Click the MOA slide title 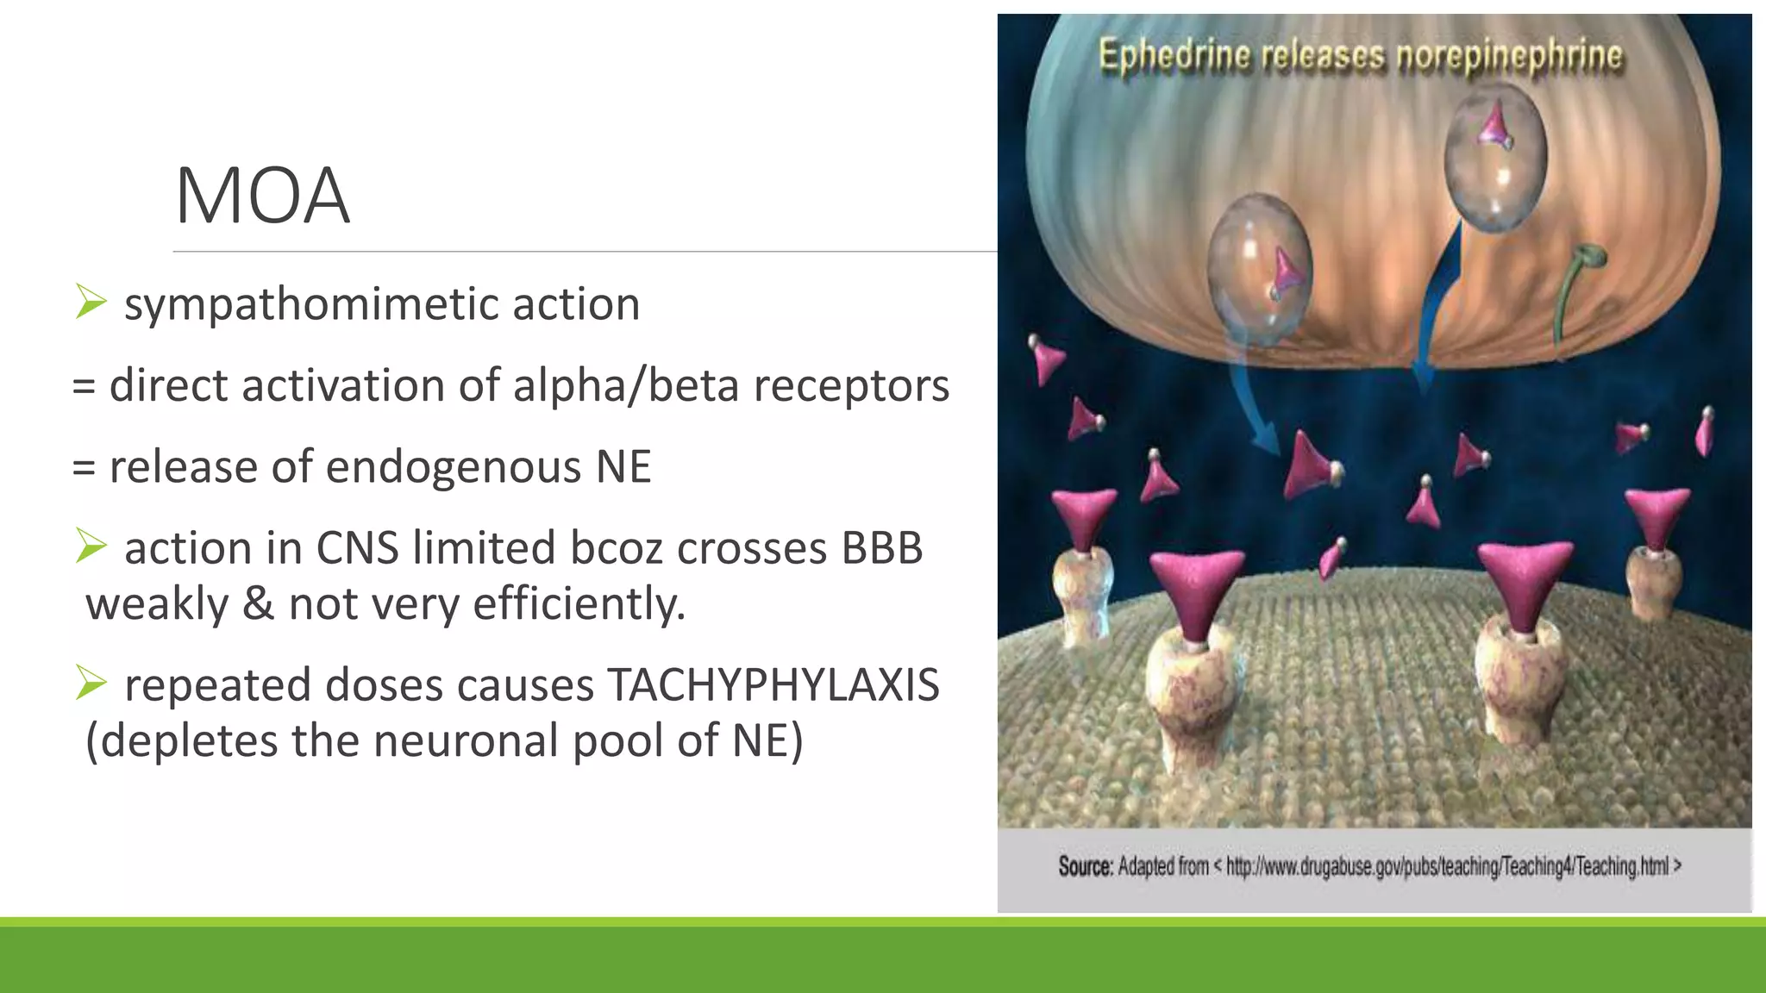[x=262, y=197]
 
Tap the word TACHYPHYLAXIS [x=773, y=686]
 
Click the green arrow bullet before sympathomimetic [x=91, y=302]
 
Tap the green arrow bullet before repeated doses [x=91, y=683]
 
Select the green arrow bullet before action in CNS [x=91, y=546]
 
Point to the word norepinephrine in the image [x=1509, y=56]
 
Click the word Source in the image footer [x=1085, y=866]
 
